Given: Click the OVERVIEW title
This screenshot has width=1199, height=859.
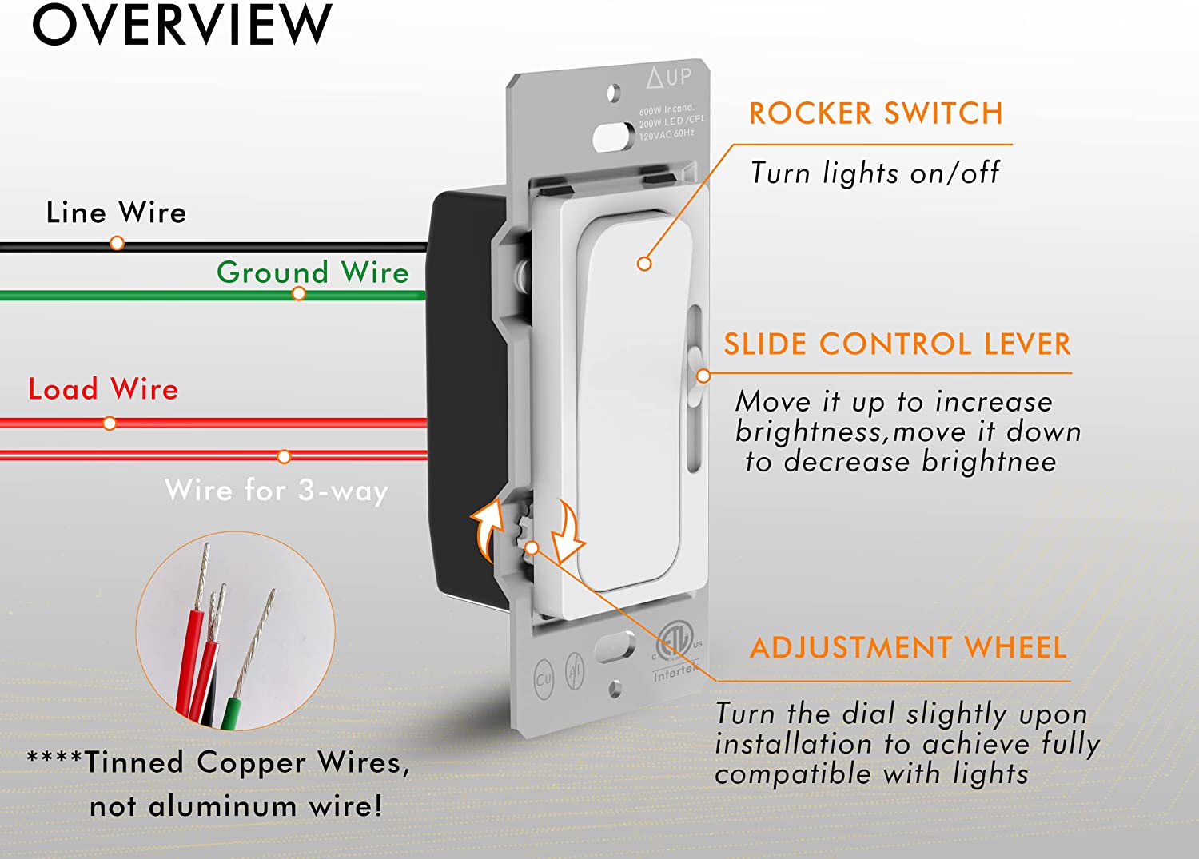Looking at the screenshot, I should point(181,26).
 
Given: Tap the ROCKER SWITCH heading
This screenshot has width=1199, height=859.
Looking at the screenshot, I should point(875,113).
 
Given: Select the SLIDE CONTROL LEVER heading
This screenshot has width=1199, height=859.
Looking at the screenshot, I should point(897,344).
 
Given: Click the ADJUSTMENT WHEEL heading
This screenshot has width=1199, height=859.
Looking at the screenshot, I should point(908,647).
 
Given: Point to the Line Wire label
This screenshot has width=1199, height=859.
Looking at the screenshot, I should point(116,213).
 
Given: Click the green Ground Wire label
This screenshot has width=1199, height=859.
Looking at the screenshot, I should point(313,272).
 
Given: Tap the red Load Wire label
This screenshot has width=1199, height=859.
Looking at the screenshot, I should point(103,389).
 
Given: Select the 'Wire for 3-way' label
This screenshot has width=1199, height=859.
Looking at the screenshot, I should point(276,490).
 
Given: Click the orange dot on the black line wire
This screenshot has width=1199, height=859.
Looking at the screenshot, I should point(117,242).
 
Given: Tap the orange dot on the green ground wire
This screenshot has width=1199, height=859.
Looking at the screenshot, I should point(299,294).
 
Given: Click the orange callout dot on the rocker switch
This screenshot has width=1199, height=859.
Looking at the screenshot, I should point(644,264).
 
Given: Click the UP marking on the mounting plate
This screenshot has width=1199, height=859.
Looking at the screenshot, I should point(670,78).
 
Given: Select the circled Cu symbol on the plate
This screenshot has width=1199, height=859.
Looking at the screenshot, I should point(544,679).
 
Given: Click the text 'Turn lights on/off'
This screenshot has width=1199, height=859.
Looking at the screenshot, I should point(874,173).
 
